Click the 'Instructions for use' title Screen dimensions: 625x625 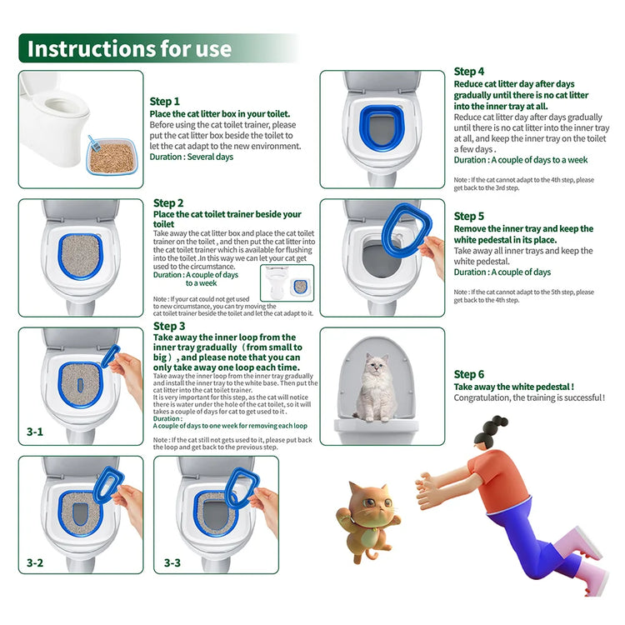point(129,48)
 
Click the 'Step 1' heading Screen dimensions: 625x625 point(164,102)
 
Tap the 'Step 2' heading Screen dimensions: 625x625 point(168,202)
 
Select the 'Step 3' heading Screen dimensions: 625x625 point(169,326)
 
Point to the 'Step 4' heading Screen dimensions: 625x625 point(469,72)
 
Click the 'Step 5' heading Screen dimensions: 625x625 point(469,216)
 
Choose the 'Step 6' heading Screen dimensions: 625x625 point(469,375)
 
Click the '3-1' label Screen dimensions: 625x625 point(34,432)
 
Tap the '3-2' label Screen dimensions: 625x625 point(34,563)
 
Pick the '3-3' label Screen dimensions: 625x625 point(172,563)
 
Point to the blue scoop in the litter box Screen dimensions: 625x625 point(94,143)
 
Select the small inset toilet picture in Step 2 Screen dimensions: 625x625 point(287,282)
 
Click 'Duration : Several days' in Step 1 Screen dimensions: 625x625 point(191,157)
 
